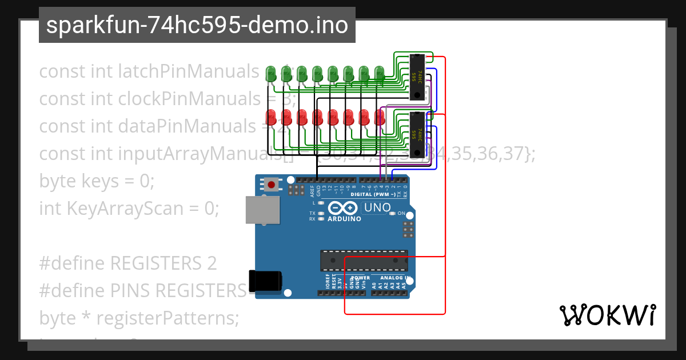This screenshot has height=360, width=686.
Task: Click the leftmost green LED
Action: [x=272, y=73]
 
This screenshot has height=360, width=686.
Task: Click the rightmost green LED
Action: [x=379, y=73]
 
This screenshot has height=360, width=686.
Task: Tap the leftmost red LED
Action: [x=272, y=117]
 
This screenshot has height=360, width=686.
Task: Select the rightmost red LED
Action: [x=379, y=117]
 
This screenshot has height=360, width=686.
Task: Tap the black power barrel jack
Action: [x=266, y=281]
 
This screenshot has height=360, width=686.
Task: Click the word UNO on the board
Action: [x=377, y=207]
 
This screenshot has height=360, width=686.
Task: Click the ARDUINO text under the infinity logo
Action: [x=344, y=219]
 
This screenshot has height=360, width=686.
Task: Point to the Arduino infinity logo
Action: [x=344, y=209]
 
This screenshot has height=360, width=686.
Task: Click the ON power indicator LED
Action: [x=392, y=214]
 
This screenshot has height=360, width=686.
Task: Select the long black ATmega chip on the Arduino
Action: [x=364, y=259]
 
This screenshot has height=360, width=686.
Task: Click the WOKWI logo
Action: [x=607, y=315]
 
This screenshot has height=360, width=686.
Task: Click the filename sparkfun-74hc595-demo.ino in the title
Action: [x=197, y=25]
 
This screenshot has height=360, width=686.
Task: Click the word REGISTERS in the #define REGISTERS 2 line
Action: [x=152, y=263]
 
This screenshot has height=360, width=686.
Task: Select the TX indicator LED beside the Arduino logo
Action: [x=321, y=213]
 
